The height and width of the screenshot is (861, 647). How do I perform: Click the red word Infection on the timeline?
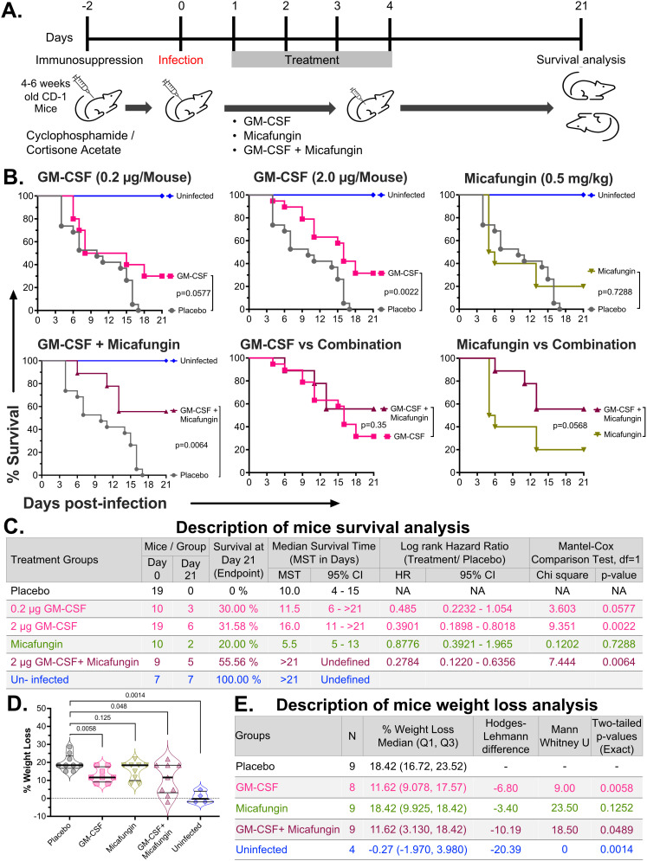tap(180, 60)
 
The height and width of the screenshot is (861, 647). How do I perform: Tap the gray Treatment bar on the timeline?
tap(312, 60)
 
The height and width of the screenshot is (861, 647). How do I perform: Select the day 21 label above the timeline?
tap(581, 6)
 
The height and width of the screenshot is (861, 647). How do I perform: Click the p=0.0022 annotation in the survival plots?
tap(401, 292)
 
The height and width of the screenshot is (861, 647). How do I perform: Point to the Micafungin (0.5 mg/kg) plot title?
tap(538, 178)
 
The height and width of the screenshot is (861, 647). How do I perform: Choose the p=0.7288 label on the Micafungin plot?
tap(615, 292)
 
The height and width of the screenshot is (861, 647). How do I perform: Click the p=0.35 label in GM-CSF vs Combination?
tap(374, 425)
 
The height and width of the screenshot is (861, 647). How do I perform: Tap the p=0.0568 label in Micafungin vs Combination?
tap(570, 425)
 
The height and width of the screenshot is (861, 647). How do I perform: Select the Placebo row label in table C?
tap(30, 591)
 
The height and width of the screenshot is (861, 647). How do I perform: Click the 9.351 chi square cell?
tap(562, 626)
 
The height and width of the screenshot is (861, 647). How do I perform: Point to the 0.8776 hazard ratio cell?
tap(404, 644)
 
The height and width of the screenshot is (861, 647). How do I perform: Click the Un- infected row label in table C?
tap(40, 679)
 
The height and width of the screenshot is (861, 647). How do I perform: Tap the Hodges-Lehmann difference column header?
tap(506, 736)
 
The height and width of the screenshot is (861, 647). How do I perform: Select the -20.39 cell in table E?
tap(506, 849)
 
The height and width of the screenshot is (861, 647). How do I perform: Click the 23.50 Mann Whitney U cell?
tap(565, 807)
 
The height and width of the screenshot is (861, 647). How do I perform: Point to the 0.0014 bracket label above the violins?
tap(134, 695)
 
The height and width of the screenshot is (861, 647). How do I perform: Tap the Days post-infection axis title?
tap(94, 503)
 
